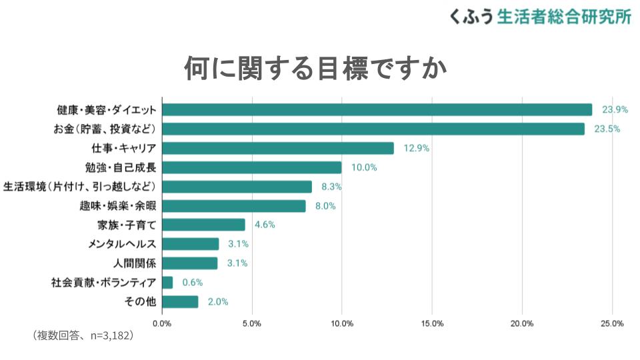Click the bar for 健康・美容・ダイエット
pyautogui.click(x=377, y=109)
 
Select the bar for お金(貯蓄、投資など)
pyautogui.click(x=373, y=129)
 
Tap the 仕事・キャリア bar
pyautogui.click(x=278, y=148)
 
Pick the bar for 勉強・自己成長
pyautogui.click(x=251, y=167)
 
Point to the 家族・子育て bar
pyautogui.click(x=203, y=225)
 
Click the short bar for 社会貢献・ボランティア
pyautogui.click(x=167, y=283)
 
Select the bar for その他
pyautogui.click(x=180, y=302)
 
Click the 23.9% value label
pyautogui.click(x=615, y=109)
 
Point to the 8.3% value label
pyautogui.click(x=331, y=187)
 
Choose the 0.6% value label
pyautogui.click(x=192, y=283)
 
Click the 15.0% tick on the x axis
pyautogui.click(x=432, y=324)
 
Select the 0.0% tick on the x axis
pyautogui.click(x=162, y=324)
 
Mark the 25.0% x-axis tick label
pyautogui.click(x=612, y=324)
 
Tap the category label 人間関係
pyautogui.click(x=135, y=263)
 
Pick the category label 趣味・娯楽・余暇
pyautogui.click(x=117, y=206)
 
